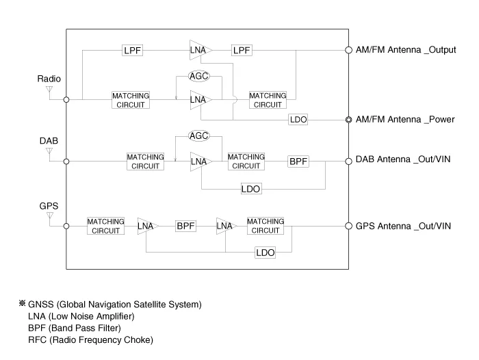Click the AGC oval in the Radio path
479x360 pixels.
198,76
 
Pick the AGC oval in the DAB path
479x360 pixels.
198,136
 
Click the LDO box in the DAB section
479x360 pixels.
250,189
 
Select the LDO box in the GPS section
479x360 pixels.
265,253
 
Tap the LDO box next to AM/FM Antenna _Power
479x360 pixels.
298,120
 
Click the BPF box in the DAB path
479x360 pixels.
298,162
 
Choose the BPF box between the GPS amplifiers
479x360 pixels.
186,226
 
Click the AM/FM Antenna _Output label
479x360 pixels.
406,51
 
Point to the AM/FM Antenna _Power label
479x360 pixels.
405,120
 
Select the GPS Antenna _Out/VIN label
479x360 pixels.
403,226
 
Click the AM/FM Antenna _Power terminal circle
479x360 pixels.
348,120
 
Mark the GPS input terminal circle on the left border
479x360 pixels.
66,226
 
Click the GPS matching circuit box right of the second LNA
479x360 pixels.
265,226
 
